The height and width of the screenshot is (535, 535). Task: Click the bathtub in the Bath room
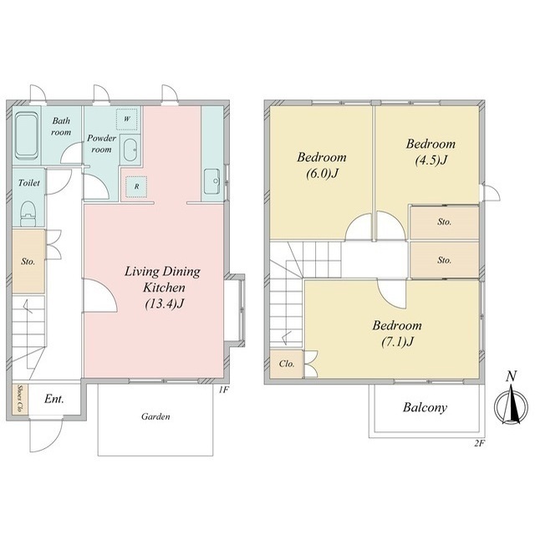point(27,135)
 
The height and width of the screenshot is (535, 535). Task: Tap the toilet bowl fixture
point(28,214)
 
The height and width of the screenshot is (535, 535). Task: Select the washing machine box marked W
point(126,119)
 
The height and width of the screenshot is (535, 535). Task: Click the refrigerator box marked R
point(136,186)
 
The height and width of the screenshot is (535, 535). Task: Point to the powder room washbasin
point(130,150)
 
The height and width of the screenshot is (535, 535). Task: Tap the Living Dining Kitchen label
point(162,288)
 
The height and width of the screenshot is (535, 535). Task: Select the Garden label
point(155,416)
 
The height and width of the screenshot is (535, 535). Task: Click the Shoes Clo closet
point(20,399)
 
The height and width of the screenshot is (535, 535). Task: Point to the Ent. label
point(53,399)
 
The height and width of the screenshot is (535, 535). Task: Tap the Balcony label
point(425,407)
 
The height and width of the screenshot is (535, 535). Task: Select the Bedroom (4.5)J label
point(431,152)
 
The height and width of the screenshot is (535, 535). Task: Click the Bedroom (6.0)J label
point(322,166)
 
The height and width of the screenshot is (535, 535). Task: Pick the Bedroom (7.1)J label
point(397,334)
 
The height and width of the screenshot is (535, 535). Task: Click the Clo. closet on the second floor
point(286,364)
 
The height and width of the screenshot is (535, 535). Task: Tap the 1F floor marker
point(223,390)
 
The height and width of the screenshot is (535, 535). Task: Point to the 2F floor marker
point(479,444)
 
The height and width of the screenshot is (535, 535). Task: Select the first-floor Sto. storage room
point(28,262)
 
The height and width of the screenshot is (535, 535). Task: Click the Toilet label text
point(29,183)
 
